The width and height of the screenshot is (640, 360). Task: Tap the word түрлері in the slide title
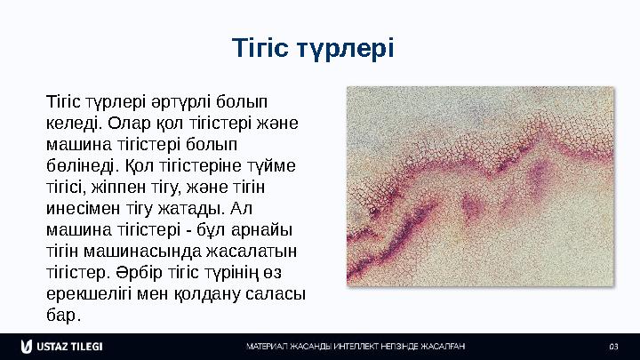coord(349,46)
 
